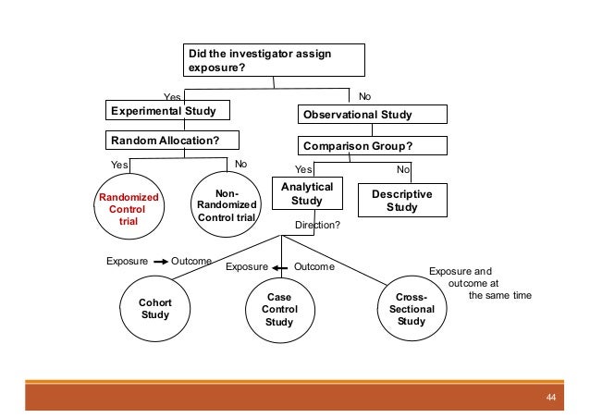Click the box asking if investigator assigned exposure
(x=273, y=60)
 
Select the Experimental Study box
(x=166, y=112)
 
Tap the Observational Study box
(x=372, y=116)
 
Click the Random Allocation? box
(x=170, y=140)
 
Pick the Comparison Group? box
(x=372, y=145)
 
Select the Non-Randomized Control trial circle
(x=220, y=205)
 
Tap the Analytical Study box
(x=301, y=194)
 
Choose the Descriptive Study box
(x=401, y=201)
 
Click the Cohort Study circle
(x=154, y=308)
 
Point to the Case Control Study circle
(x=278, y=310)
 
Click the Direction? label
(x=317, y=225)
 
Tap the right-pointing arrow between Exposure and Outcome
(x=160, y=262)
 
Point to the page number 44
(x=551, y=398)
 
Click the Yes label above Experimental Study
(x=172, y=96)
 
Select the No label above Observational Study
(x=364, y=95)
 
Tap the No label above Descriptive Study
(x=402, y=169)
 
